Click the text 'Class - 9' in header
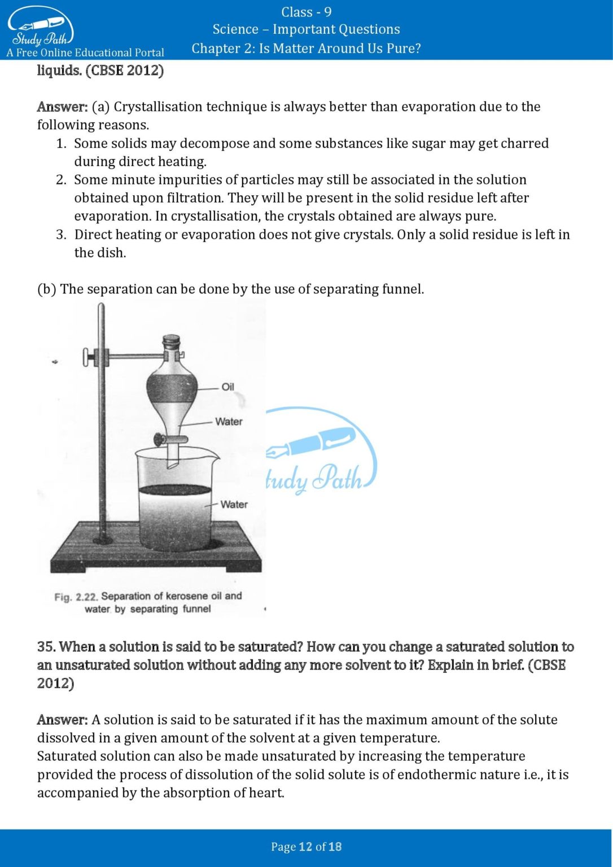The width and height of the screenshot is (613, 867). (306, 12)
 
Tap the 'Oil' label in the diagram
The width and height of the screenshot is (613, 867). (227, 387)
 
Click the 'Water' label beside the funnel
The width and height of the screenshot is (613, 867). (229, 422)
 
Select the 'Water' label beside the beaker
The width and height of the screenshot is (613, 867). (234, 504)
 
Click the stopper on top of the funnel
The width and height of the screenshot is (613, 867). (172, 342)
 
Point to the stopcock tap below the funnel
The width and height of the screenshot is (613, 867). (161, 439)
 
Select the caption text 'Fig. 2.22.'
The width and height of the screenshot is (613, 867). (76, 597)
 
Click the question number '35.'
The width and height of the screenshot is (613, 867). (46, 647)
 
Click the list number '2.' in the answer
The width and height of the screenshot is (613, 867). (61, 179)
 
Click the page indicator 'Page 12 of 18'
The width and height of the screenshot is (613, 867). (306, 846)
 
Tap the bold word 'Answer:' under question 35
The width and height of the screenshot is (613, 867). (62, 720)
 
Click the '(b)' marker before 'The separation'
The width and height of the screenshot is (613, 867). (47, 289)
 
